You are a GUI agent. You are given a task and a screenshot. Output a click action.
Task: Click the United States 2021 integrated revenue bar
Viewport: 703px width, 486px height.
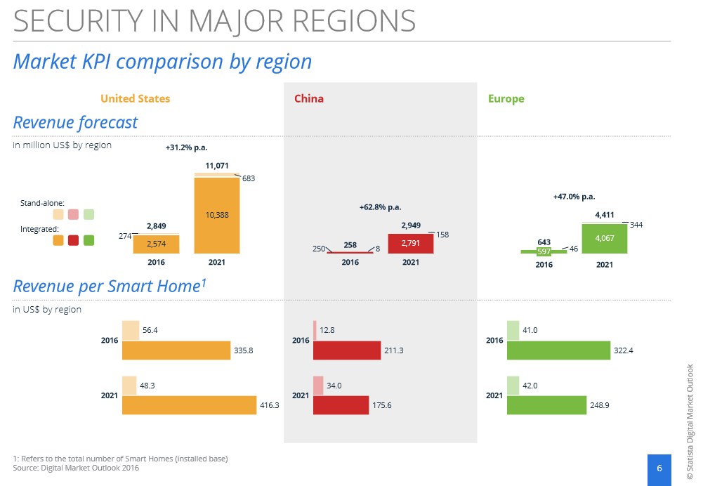pyautogui.click(x=217, y=215)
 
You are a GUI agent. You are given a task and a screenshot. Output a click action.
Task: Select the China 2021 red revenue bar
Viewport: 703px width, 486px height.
pyautogui.click(x=411, y=244)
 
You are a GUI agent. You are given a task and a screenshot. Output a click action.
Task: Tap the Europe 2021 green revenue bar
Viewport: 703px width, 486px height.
pyautogui.click(x=605, y=239)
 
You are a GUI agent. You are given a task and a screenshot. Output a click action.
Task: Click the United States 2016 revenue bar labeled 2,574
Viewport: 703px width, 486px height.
pyautogui.click(x=156, y=244)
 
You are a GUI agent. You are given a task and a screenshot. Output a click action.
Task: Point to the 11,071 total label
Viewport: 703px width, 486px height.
pyautogui.click(x=217, y=166)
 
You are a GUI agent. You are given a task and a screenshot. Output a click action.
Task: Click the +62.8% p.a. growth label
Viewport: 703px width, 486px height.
pyautogui.click(x=380, y=207)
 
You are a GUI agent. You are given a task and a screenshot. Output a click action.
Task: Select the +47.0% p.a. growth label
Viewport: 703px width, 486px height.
pyautogui.click(x=574, y=197)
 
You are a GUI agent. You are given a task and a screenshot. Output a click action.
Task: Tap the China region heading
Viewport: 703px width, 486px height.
pyautogui.click(x=309, y=98)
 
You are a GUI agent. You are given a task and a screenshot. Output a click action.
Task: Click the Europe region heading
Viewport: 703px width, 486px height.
pyautogui.click(x=506, y=98)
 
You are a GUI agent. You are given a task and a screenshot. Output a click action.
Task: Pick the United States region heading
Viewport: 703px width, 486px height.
pyautogui.click(x=136, y=98)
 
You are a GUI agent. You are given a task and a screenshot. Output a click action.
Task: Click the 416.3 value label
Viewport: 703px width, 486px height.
pyautogui.click(x=270, y=405)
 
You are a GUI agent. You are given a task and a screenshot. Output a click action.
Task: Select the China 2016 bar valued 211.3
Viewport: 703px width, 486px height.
pyautogui.click(x=347, y=350)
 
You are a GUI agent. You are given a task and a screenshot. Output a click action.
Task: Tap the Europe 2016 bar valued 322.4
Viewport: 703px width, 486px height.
pyautogui.click(x=558, y=350)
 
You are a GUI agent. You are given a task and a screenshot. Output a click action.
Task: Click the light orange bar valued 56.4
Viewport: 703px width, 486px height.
pyautogui.click(x=131, y=330)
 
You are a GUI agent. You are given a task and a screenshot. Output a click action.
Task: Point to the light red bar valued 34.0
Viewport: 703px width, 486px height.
pyautogui.click(x=318, y=386)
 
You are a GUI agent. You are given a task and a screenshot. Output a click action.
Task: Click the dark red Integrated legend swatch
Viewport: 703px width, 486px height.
pyautogui.click(x=74, y=240)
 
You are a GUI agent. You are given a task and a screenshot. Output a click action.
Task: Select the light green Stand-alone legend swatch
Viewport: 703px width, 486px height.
pyautogui.click(x=88, y=214)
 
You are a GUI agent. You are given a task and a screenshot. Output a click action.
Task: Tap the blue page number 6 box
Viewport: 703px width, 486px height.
pyautogui.click(x=659, y=469)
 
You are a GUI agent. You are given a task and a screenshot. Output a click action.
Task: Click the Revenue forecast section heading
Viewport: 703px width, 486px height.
pyautogui.click(x=75, y=122)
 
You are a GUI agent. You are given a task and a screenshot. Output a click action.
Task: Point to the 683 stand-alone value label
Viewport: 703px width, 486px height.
pyautogui.click(x=249, y=178)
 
